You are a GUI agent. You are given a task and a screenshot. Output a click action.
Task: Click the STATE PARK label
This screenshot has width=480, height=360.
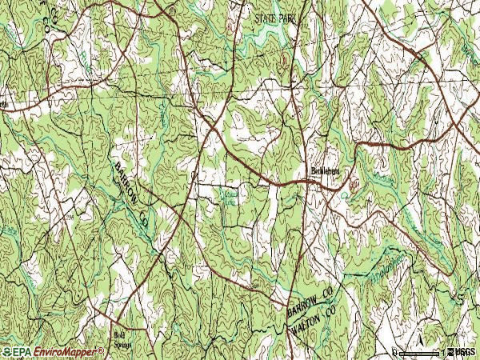274,16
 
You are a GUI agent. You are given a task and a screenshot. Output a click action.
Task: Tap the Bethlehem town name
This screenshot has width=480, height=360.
326,170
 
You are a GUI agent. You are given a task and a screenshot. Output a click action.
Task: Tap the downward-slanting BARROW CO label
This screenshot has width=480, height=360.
130,194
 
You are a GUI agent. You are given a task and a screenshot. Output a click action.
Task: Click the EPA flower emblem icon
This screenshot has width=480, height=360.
6,352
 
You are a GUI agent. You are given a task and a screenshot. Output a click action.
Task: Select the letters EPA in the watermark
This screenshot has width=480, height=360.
20,352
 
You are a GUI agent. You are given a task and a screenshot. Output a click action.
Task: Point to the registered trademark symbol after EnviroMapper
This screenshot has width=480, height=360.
102,350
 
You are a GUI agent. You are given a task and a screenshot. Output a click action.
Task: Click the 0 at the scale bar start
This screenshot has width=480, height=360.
395,351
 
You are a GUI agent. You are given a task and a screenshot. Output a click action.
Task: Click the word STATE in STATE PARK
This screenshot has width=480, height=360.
264,16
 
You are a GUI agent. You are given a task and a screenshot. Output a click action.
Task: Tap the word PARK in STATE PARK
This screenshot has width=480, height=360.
286,16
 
